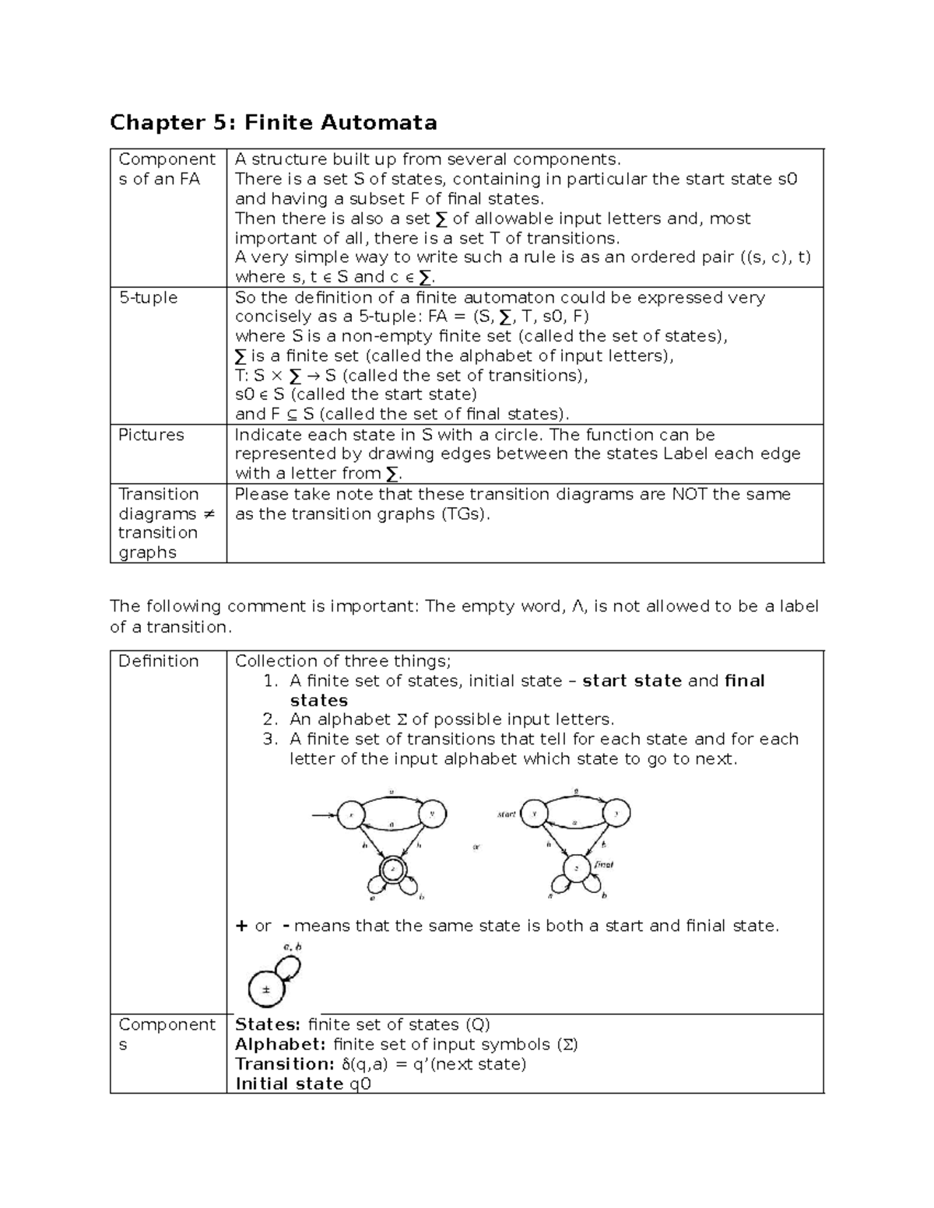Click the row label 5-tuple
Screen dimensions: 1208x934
click(x=148, y=298)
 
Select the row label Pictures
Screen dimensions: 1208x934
click(x=151, y=435)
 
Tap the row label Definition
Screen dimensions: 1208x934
click(x=159, y=661)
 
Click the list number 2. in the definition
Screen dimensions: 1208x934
click(x=269, y=720)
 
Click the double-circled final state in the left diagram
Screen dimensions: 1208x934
click(x=393, y=868)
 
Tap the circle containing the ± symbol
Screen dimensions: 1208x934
click(x=266, y=990)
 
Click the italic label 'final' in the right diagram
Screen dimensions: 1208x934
click(x=604, y=863)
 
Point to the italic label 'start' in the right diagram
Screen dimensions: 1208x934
click(x=507, y=814)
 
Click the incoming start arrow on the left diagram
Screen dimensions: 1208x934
click(x=323, y=815)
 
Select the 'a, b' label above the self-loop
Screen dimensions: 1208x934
click(x=293, y=947)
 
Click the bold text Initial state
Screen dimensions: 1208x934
click(x=289, y=1084)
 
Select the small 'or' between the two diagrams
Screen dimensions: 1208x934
click(x=477, y=847)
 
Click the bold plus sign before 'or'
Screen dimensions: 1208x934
click(x=241, y=926)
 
